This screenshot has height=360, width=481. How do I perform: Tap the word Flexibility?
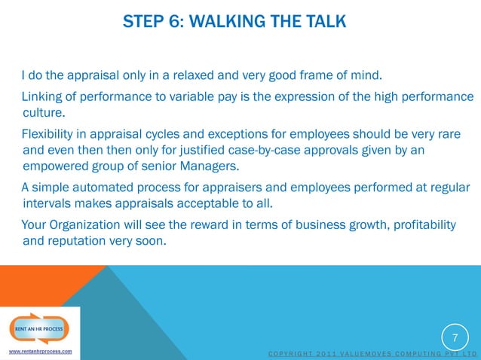pyautogui.click(x=54, y=135)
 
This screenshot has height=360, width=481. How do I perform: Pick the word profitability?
pyautogui.click(x=421, y=225)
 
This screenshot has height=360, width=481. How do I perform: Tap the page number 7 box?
pyautogui.click(x=455, y=335)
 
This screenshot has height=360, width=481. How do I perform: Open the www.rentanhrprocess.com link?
pyautogui.click(x=40, y=352)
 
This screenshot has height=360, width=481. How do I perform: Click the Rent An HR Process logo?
pyautogui.click(x=39, y=327)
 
